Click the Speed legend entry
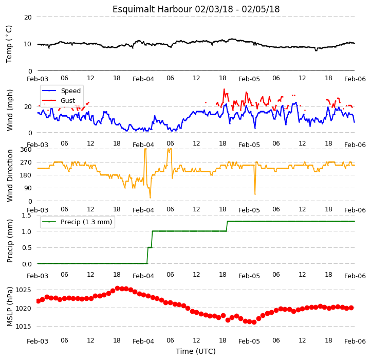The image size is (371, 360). click(61, 91)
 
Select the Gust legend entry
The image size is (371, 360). click(59, 101)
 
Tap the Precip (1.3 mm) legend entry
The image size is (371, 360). click(77, 222)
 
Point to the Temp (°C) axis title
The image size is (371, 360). click(9, 44)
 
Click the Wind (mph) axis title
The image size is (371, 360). click(9, 110)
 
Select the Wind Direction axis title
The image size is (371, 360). click(9, 175)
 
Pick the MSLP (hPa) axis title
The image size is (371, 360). click(9, 307)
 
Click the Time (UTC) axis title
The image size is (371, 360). click(196, 351)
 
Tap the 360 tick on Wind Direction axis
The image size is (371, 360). click(26, 150)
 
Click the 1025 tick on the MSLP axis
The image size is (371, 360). click(23, 290)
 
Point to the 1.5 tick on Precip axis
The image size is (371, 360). click(26, 215)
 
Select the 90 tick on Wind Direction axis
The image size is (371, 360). click(28, 188)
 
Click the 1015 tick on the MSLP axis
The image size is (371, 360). click(23, 327)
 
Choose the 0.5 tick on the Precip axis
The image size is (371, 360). click(27, 248)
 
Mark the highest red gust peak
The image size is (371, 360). click(224, 89)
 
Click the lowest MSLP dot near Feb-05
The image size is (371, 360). click(254, 322)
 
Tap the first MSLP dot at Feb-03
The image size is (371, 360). click(39, 301)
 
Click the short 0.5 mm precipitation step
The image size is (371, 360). click(150, 247)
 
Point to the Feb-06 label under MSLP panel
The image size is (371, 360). click(355, 341)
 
